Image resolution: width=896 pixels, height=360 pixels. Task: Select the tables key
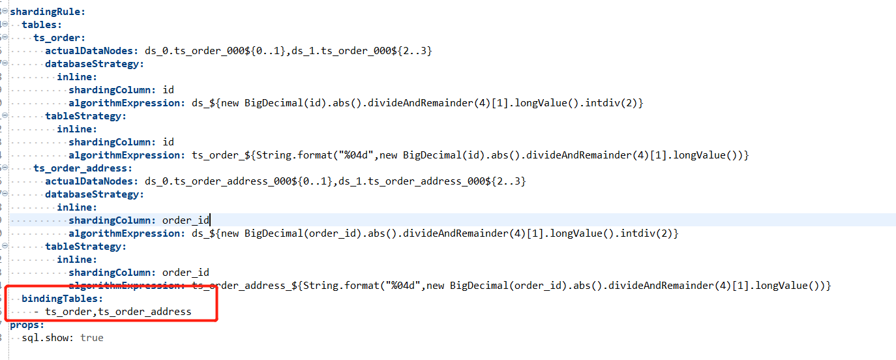coord(42,24)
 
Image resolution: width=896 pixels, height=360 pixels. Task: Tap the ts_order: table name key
coord(59,37)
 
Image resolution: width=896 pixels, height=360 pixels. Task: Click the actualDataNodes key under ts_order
coord(91,50)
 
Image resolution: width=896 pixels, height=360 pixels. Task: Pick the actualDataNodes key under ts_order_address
coord(91,181)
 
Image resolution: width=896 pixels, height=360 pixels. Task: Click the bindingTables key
coord(62,298)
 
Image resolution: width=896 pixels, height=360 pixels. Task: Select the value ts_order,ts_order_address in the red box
coord(118,312)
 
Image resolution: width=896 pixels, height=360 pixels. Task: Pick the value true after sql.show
coord(92,337)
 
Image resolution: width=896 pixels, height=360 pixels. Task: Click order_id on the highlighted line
coord(185,220)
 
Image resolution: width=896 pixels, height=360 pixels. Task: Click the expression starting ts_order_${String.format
coord(470,155)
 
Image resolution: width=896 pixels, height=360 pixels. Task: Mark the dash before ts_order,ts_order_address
coord(36,312)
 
